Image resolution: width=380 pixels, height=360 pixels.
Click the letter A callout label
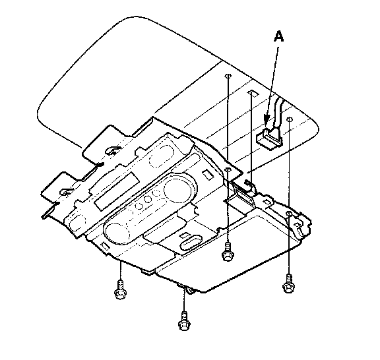pyautogui.click(x=278, y=36)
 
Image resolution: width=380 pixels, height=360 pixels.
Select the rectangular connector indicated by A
pyautogui.click(x=269, y=138)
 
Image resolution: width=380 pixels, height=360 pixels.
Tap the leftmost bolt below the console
pyautogui.click(x=120, y=289)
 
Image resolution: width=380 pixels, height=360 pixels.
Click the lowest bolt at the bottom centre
pyautogui.click(x=184, y=320)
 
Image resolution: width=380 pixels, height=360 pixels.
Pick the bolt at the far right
pyautogui.click(x=288, y=284)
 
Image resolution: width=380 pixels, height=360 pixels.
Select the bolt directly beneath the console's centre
pyautogui.click(x=228, y=252)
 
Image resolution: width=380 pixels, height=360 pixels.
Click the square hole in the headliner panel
pyautogui.click(x=253, y=93)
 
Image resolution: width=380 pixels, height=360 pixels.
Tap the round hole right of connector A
pyautogui.click(x=290, y=119)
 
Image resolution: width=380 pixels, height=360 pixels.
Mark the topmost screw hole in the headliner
pyautogui.click(x=228, y=76)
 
